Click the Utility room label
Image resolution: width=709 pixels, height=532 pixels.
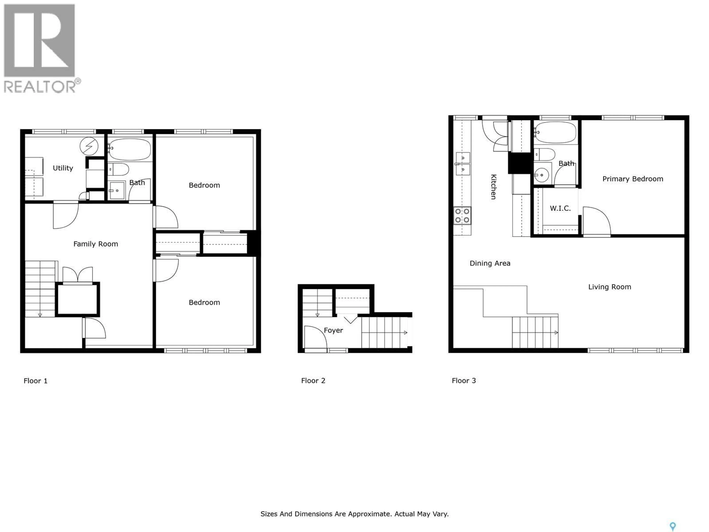(x=63, y=168)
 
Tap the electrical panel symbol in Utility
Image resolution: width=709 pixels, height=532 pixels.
(x=89, y=146)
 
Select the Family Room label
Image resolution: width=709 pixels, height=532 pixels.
(x=95, y=244)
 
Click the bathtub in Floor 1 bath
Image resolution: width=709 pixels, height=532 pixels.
(x=129, y=149)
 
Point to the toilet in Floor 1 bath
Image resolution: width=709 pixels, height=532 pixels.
(x=119, y=169)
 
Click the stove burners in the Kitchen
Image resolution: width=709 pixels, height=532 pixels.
(x=462, y=216)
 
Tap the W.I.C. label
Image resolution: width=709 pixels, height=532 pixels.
(x=560, y=208)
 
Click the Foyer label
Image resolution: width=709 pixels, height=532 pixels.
(x=333, y=330)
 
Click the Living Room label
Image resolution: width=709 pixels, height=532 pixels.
(x=609, y=287)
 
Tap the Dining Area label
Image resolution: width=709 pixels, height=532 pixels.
(x=490, y=263)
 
